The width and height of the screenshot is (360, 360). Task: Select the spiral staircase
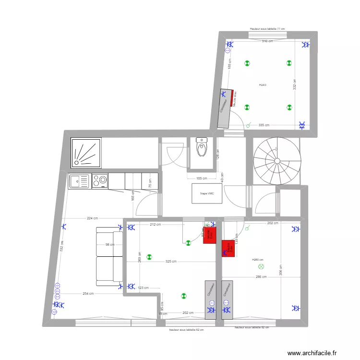pyautogui.click(x=276, y=161)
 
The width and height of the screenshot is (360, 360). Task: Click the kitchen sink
pyautogui.click(x=79, y=181)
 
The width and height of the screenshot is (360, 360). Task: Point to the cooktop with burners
pyautogui.click(x=100, y=181)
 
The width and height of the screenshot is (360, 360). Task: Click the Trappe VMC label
pyautogui.click(x=208, y=193)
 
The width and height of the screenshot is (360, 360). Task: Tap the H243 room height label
pyautogui.click(x=263, y=85)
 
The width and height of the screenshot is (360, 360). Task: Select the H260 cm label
pyautogui.click(x=258, y=260)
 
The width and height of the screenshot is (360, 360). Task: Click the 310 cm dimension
pyautogui.click(x=267, y=41)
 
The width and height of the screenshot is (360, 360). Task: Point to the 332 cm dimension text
pyautogui.click(x=295, y=85)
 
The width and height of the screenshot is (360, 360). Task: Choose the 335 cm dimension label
pyautogui.click(x=264, y=125)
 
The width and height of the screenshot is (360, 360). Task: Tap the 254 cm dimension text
pyautogui.click(x=87, y=294)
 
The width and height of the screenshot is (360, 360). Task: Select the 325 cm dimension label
pyautogui.click(x=170, y=262)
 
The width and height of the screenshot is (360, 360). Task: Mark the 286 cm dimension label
pyautogui.click(x=261, y=277)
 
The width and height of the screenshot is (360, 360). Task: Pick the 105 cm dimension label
pyautogui.click(x=201, y=178)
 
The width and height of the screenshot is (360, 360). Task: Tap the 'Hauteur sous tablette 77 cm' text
pyautogui.click(x=267, y=29)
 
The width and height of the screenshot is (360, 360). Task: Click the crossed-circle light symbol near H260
pyautogui.click(x=261, y=266)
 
